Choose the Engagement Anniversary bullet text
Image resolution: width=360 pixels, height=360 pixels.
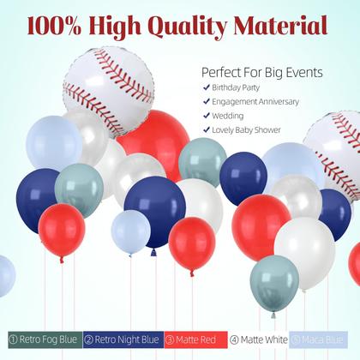255,101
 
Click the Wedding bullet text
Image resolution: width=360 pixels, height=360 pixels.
228,115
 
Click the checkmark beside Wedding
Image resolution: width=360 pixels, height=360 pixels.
206,115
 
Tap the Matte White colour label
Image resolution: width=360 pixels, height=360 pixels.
260,339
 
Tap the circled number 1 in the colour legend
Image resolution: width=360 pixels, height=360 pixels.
13,339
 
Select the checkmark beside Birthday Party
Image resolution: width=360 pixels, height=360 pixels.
206,87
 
